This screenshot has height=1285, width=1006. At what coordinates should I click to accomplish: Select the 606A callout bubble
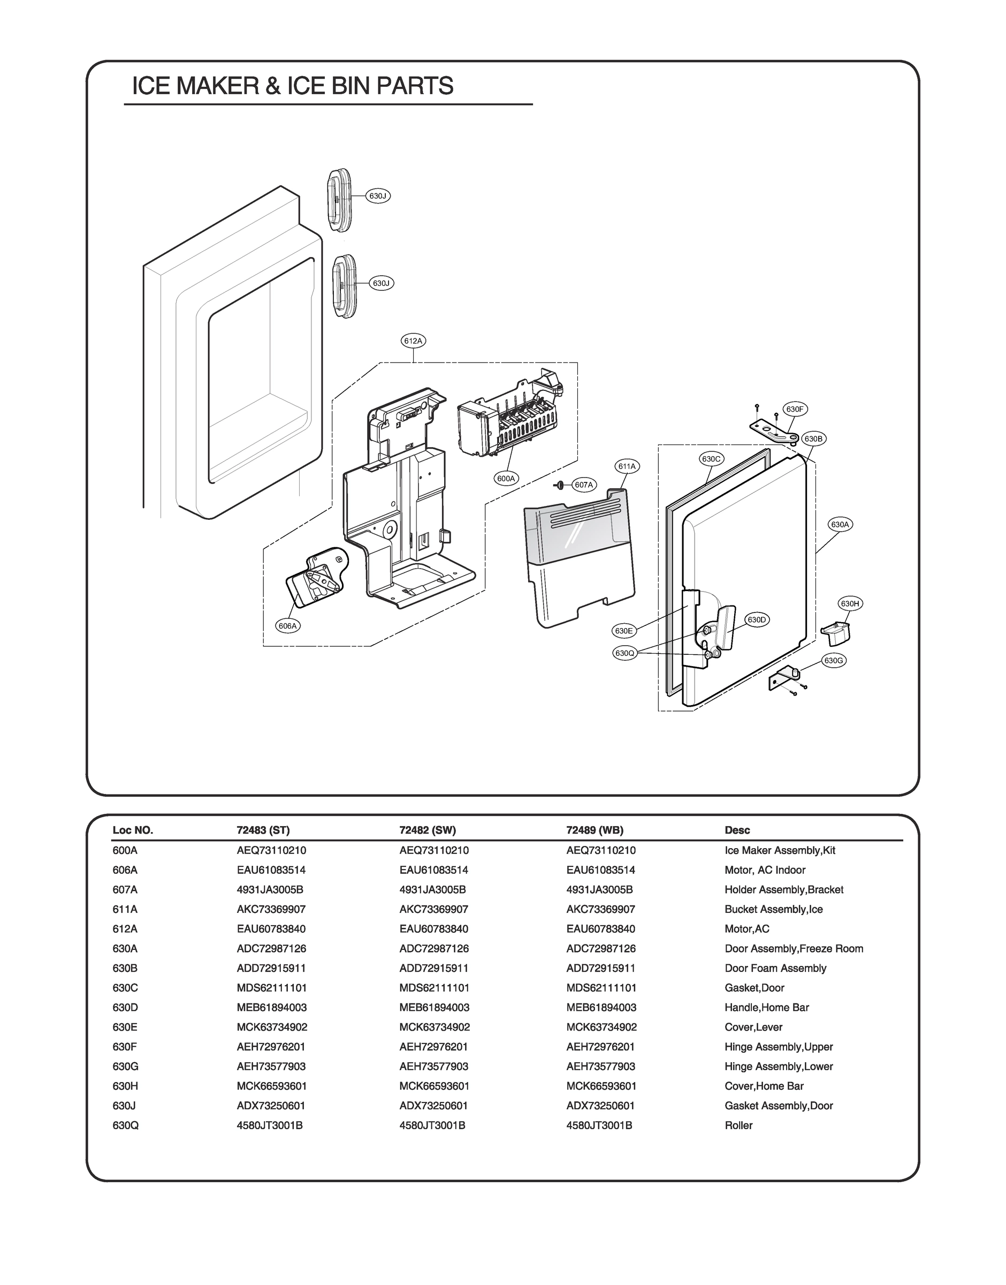(x=288, y=626)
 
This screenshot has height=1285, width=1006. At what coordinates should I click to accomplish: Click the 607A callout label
(x=584, y=485)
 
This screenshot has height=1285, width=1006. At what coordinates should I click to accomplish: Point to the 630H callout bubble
(x=850, y=603)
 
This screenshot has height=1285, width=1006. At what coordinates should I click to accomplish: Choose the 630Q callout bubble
(x=624, y=653)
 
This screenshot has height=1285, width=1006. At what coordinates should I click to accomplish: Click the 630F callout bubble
(x=795, y=409)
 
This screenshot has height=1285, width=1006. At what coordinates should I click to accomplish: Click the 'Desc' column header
(x=737, y=830)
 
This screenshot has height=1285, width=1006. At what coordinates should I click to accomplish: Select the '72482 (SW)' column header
(x=428, y=830)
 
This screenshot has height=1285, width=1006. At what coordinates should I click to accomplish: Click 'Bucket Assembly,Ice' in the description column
(x=773, y=909)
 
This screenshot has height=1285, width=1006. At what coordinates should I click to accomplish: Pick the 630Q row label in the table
(x=125, y=1125)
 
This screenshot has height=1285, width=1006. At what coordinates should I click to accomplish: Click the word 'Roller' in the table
(x=738, y=1125)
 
